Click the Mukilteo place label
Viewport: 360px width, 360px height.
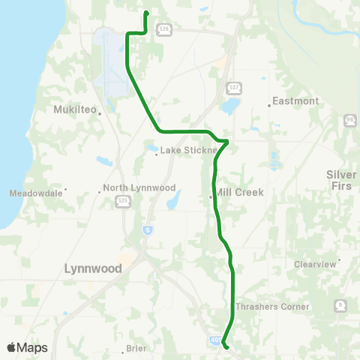(76, 109)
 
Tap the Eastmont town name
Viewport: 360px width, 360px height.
(295, 101)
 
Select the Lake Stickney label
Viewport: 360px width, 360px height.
(186, 150)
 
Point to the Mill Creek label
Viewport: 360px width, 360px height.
(239, 193)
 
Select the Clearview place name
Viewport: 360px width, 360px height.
(315, 264)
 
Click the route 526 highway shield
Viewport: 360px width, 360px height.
(164, 29)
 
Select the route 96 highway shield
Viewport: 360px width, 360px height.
(350, 120)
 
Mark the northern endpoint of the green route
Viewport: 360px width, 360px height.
(145, 13)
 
